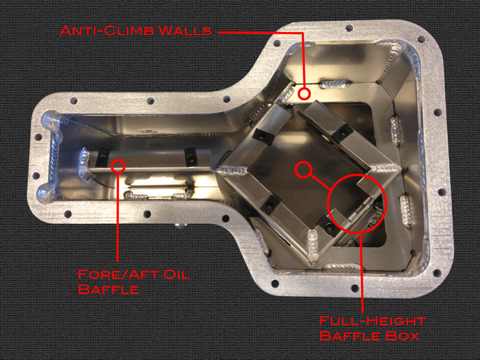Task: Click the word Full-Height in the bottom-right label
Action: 372,320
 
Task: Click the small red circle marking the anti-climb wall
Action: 303,93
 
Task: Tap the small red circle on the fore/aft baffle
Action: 119,166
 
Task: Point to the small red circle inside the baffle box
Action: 302,170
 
